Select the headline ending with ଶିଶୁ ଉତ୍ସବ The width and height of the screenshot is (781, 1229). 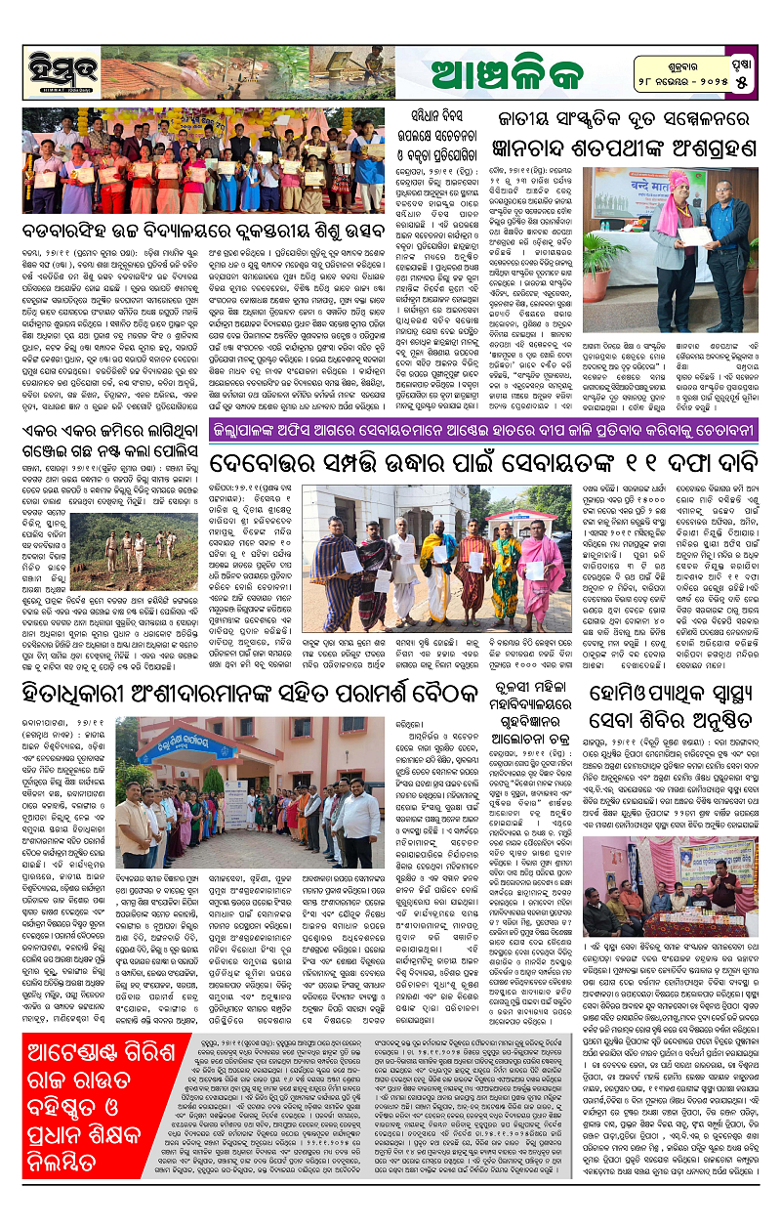(x=207, y=232)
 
